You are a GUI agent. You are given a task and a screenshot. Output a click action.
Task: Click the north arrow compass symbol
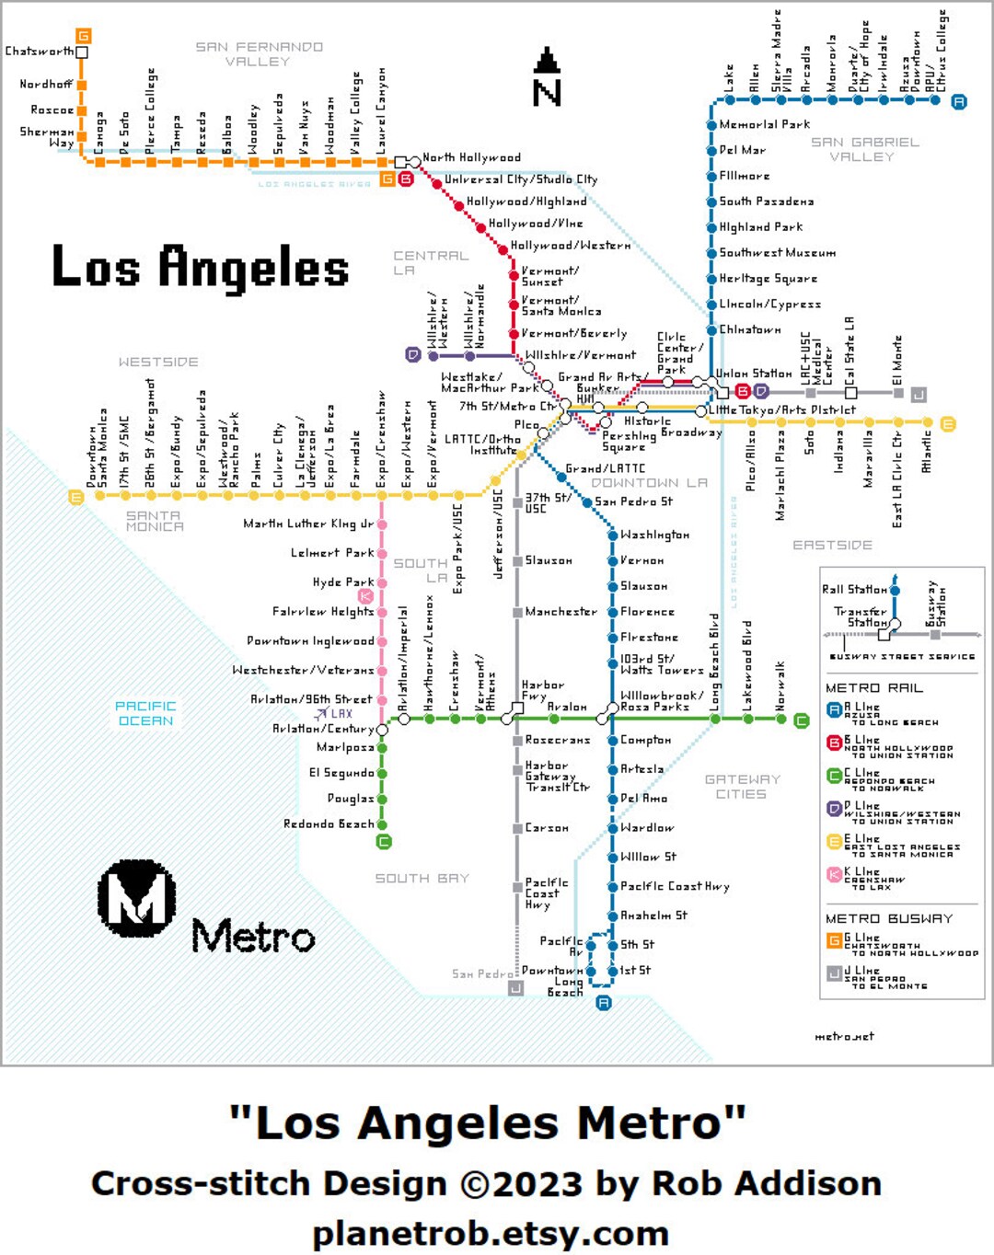click(547, 77)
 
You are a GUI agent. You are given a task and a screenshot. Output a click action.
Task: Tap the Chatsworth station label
click(39, 52)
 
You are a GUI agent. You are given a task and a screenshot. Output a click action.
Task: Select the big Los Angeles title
click(201, 268)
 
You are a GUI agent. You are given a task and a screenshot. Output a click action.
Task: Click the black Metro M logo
click(137, 898)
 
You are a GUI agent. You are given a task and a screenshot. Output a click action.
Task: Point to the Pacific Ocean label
click(145, 713)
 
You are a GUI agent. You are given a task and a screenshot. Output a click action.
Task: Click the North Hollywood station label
click(471, 158)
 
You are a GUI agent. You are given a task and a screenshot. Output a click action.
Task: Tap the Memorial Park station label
click(764, 124)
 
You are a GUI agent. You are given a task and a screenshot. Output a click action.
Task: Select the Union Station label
click(754, 374)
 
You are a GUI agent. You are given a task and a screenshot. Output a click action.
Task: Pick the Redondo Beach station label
click(329, 824)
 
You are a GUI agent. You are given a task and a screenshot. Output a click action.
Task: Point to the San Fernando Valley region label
click(259, 54)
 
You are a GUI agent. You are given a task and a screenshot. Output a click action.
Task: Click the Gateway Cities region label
click(742, 787)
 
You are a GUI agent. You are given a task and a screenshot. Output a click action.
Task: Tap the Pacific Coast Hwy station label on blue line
click(674, 887)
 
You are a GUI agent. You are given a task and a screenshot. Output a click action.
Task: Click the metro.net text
click(844, 1037)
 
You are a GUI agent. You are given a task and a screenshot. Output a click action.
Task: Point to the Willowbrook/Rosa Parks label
click(661, 701)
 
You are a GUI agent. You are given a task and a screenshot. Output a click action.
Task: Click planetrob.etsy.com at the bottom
click(490, 1233)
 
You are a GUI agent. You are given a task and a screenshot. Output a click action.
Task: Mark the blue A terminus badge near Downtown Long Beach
click(604, 1003)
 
